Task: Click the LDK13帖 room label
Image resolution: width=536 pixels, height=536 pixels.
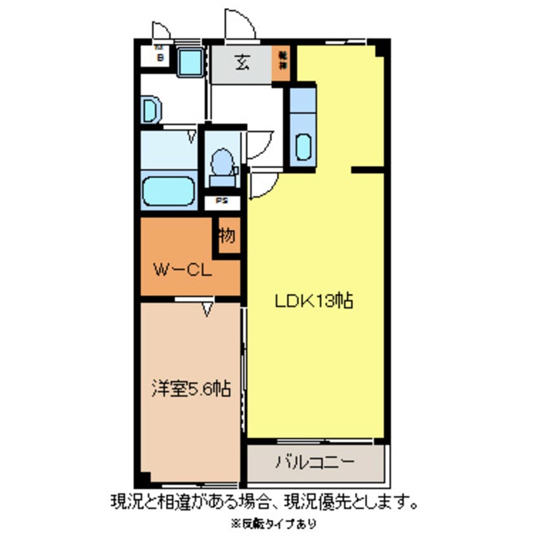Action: (x=313, y=301)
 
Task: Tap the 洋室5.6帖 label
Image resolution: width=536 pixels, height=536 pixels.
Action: (x=189, y=388)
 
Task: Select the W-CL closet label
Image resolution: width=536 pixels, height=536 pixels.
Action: (x=183, y=271)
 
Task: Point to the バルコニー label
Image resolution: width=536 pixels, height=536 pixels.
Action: (x=314, y=462)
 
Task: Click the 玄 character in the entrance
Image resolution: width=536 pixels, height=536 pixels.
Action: (x=241, y=63)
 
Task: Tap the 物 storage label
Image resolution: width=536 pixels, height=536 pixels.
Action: (x=227, y=237)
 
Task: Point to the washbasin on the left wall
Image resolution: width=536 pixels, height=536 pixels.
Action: (x=150, y=110)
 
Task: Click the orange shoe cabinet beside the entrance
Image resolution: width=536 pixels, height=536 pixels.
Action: (x=281, y=65)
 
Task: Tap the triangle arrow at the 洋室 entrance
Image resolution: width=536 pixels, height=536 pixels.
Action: (x=207, y=310)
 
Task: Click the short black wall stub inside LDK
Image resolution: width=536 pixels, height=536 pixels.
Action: (x=367, y=170)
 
